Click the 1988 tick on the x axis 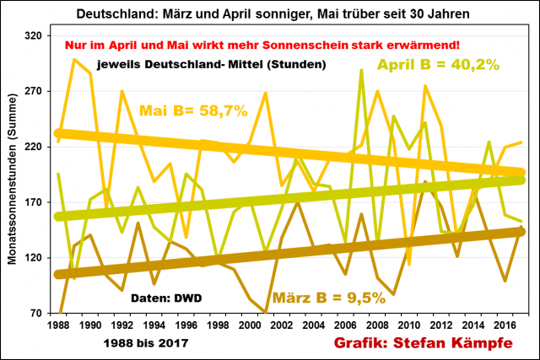(x=58, y=324)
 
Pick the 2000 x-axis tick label (x=249, y=324)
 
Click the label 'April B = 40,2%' (x=438, y=64)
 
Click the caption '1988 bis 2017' (x=141, y=343)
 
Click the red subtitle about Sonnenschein (x=262, y=44)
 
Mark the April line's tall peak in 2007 (x=361, y=71)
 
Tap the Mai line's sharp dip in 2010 (x=409, y=264)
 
